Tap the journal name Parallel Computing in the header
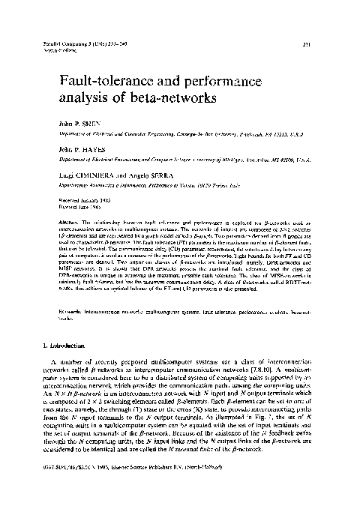pos(56,45)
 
